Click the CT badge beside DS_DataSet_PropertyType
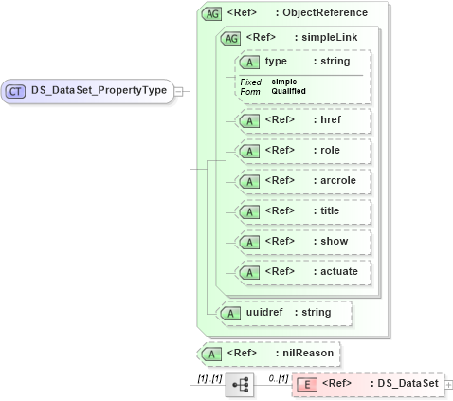tap(15, 91)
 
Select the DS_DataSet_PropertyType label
tap(99, 91)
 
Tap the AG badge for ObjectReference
tap(210, 13)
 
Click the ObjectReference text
tap(328, 13)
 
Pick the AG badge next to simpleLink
tap(229, 38)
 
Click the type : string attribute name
tap(277, 62)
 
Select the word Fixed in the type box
tap(250, 82)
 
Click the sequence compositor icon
tap(239, 384)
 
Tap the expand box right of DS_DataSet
tap(448, 384)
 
